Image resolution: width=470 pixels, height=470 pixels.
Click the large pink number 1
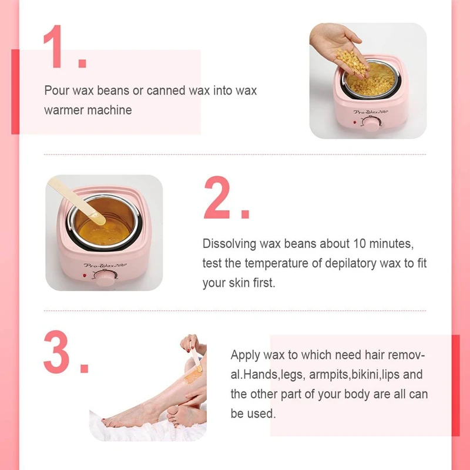point(53,47)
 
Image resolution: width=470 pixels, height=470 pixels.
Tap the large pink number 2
point(217,197)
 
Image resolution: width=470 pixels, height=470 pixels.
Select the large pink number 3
point(56,351)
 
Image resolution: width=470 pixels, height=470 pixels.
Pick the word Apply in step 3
point(245,355)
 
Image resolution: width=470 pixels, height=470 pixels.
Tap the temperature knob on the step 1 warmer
point(371,124)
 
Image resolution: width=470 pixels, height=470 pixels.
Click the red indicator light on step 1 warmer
point(355,122)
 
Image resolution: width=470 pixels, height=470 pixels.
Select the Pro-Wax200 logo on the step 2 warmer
point(106,266)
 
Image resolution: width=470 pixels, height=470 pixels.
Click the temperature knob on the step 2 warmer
point(105,278)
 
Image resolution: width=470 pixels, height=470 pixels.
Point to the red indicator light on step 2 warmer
point(84,275)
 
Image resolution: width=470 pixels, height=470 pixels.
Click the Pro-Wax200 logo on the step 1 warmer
point(371,112)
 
